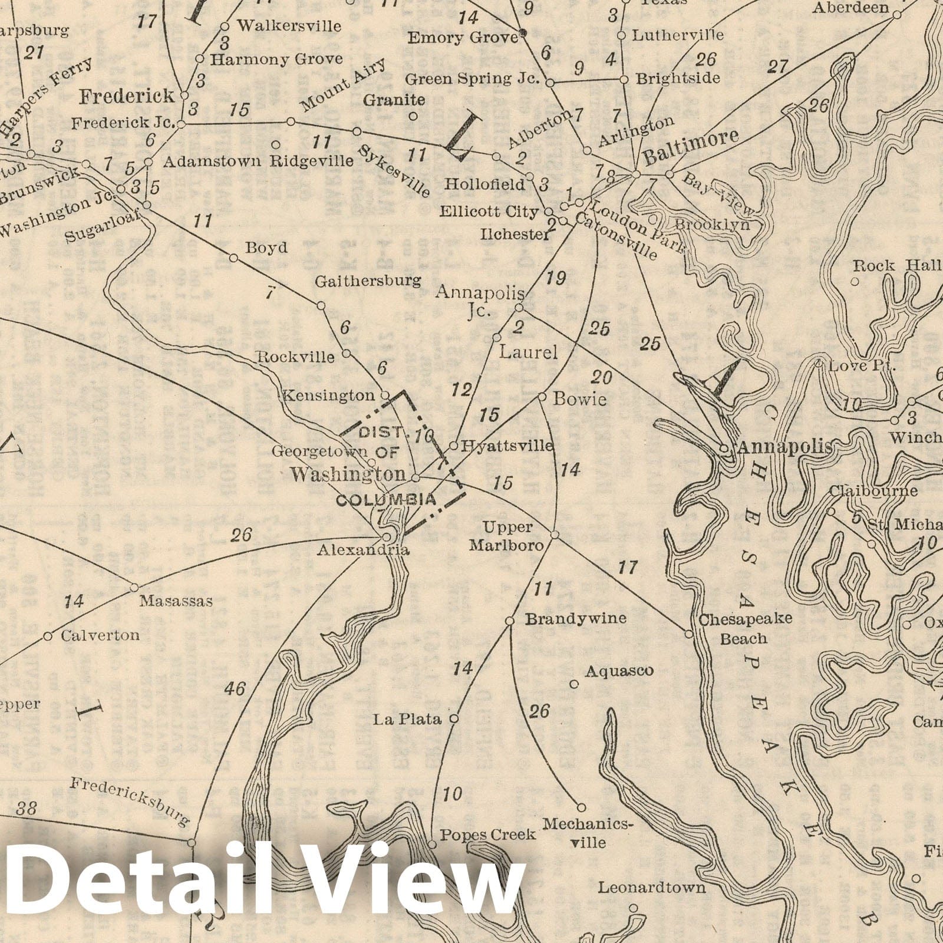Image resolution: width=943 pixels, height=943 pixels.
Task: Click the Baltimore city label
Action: tap(691, 147)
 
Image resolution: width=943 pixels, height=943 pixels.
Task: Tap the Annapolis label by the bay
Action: tap(784, 447)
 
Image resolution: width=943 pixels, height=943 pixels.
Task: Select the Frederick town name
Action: tap(127, 96)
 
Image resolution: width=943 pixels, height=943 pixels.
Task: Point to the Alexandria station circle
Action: tap(387, 537)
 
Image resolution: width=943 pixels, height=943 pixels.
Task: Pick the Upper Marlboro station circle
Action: tap(555, 535)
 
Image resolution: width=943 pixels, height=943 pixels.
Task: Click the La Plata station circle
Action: tap(454, 719)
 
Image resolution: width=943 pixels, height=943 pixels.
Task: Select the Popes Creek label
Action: tap(489, 835)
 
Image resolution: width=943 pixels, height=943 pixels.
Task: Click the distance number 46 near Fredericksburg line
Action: tap(235, 689)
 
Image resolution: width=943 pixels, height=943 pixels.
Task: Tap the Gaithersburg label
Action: tap(368, 281)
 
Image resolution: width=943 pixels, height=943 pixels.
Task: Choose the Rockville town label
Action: tap(295, 357)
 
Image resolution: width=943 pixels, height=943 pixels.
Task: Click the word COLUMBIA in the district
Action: tap(386, 500)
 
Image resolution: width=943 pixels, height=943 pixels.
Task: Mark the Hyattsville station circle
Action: tap(454, 445)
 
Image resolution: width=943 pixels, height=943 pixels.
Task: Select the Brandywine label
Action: tap(575, 619)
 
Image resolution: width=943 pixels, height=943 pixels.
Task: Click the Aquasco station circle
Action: tap(575, 684)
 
